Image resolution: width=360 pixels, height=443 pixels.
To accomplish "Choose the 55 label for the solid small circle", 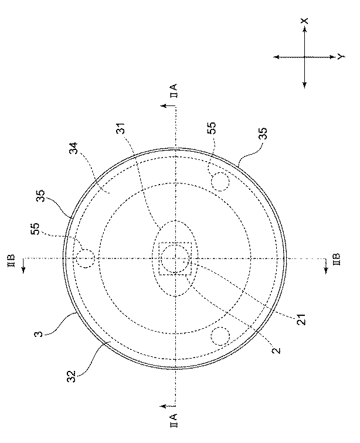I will click(212, 130).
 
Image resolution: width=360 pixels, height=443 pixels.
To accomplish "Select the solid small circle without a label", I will click(221, 336).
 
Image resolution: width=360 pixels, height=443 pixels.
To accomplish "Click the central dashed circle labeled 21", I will click(175, 257).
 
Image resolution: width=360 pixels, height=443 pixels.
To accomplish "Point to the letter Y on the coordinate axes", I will click(340, 56).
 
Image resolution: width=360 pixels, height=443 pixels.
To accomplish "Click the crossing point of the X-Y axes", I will click(304, 57).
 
